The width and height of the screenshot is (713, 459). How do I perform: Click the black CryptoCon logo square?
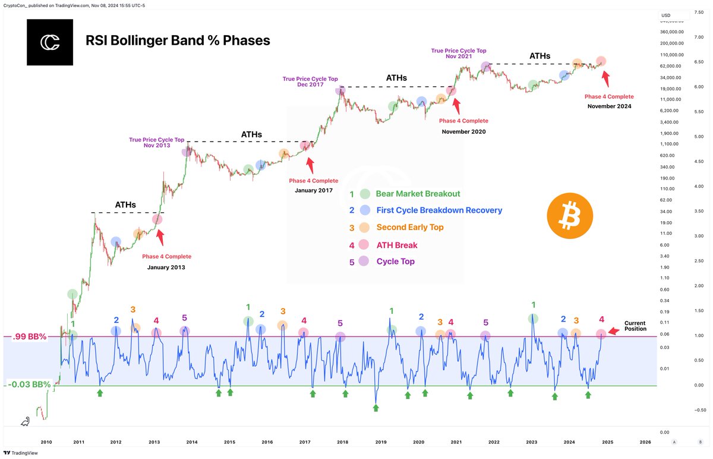coord(50,42)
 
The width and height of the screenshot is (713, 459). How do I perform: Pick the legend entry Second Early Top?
coord(409,227)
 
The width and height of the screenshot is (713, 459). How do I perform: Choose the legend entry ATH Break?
coord(397,244)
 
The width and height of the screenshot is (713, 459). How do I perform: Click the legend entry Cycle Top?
coord(395,262)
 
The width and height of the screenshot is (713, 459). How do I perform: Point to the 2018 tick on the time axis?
coord(343,442)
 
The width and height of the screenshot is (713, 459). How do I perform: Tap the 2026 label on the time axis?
coord(645,442)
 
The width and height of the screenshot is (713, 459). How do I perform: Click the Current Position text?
coord(635,326)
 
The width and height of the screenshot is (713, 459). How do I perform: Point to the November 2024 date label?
coord(609,106)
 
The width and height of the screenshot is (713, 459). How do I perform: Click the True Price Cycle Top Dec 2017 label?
coord(310,81)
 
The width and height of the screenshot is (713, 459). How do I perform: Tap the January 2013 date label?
coord(166,268)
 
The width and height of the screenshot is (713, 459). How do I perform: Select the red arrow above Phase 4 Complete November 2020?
coord(456,106)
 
